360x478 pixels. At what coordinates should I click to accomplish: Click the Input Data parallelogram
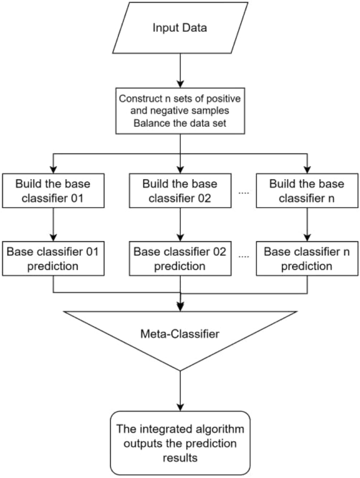(180, 28)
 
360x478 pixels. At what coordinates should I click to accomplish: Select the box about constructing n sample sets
(180, 111)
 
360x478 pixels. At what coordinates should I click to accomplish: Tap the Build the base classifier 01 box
(54, 191)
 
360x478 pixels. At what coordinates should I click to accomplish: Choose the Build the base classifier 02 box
(180, 191)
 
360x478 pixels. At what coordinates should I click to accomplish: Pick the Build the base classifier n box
(307, 191)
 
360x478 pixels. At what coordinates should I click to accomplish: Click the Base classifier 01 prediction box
(54, 259)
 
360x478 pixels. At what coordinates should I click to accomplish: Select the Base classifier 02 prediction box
(180, 259)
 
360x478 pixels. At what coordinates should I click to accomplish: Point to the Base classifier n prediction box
(307, 259)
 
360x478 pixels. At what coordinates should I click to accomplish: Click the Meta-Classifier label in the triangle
(180, 334)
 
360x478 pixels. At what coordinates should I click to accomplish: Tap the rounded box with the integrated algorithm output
(180, 443)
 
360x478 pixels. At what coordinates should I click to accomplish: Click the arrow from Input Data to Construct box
(180, 71)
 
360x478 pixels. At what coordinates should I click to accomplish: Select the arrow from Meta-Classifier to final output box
(180, 391)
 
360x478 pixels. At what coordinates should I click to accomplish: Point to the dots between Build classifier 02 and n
(243, 193)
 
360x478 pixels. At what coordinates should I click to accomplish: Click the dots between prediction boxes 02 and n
(243, 257)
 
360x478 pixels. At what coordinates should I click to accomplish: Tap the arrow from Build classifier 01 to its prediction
(54, 225)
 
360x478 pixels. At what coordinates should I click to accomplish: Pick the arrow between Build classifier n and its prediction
(307, 225)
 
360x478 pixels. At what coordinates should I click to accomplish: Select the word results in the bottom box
(180, 458)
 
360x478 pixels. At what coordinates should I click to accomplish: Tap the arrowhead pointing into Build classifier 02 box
(180, 170)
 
